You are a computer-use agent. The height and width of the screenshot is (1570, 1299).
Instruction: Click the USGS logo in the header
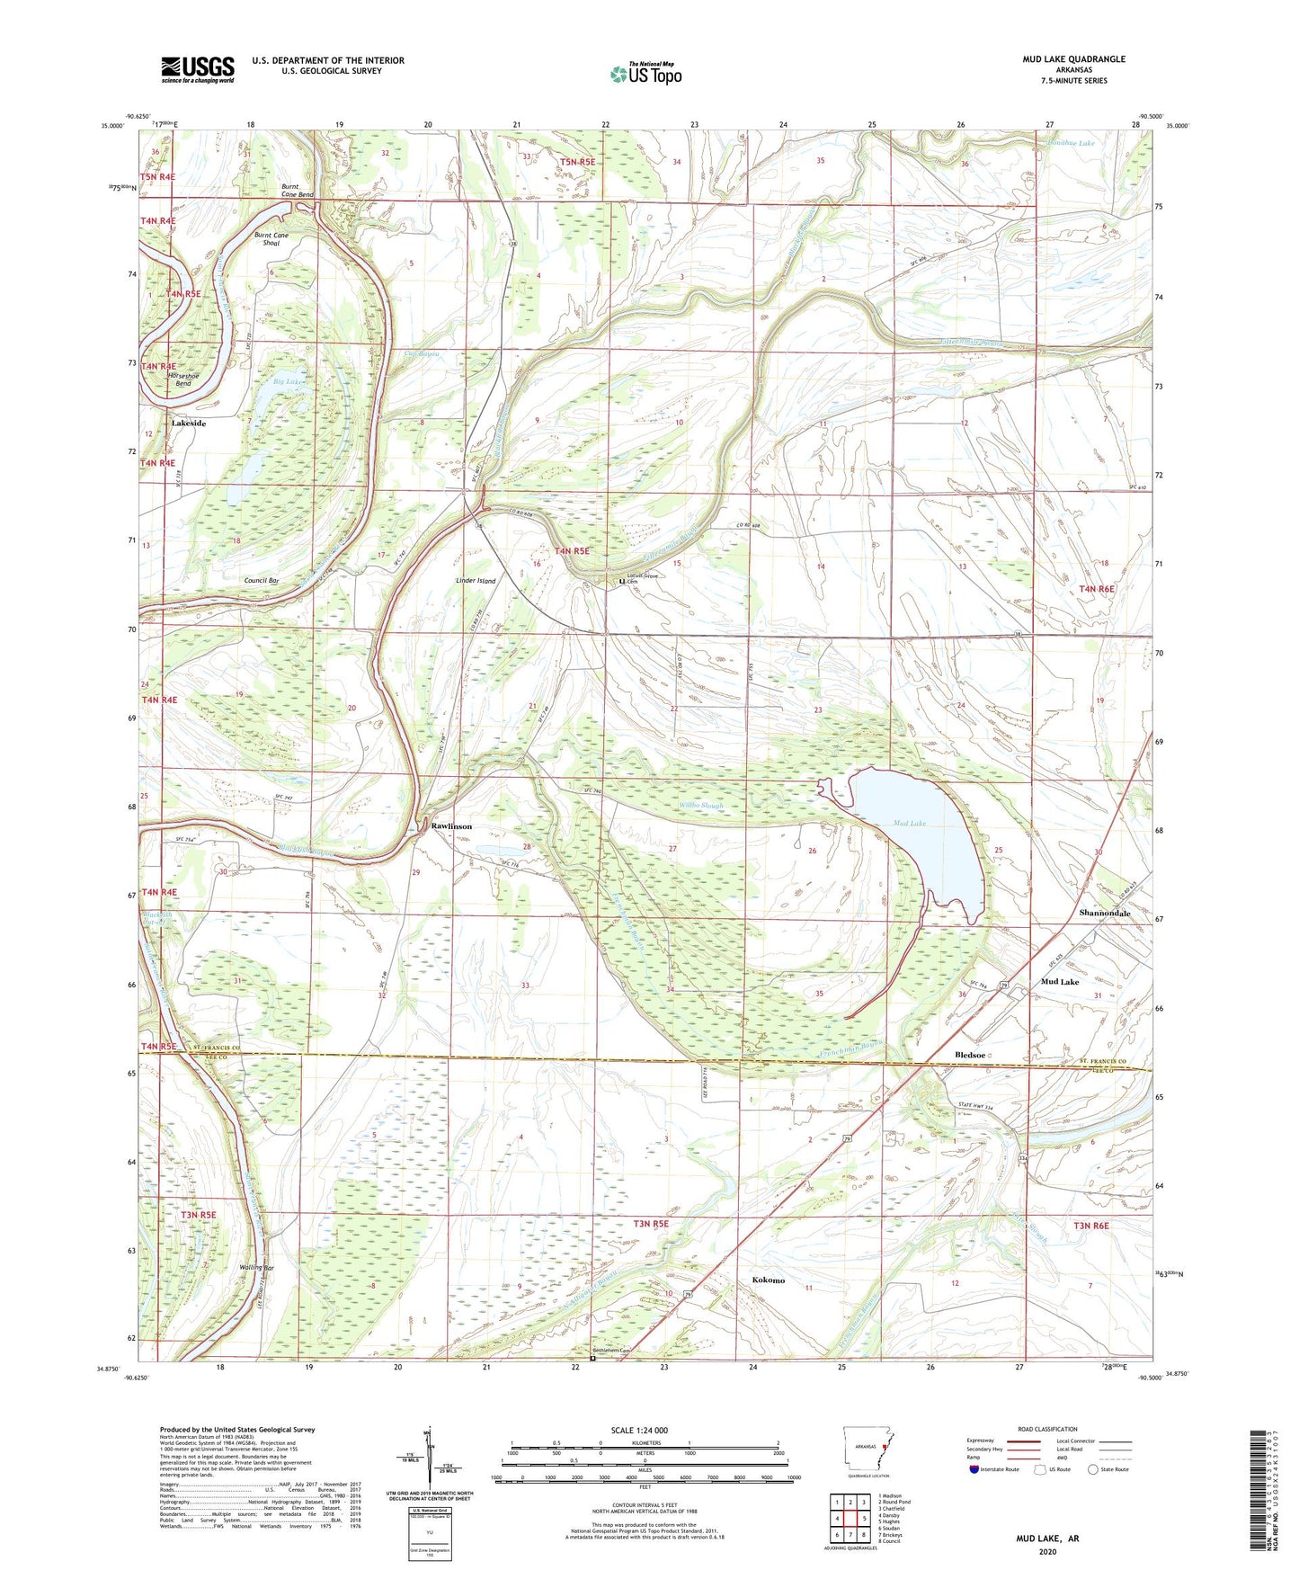pos(197,69)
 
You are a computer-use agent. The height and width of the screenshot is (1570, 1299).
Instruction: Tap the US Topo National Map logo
pos(645,74)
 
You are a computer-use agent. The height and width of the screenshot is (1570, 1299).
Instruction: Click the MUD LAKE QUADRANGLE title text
pos(1072,59)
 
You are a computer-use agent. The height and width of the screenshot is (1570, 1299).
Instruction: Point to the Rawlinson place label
pos(451,825)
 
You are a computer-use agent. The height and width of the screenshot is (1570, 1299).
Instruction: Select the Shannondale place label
pos(1104,913)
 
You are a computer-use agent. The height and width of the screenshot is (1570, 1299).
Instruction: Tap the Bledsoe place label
pos(970,1055)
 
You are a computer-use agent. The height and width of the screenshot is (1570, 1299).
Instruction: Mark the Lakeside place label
pos(189,423)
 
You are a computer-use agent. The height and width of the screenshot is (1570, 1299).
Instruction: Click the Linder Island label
pos(476,581)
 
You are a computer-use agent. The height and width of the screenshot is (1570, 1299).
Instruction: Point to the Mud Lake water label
pos(909,823)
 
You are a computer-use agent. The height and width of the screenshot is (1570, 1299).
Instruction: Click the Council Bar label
pos(261,581)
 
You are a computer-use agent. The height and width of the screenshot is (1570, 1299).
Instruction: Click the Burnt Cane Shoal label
pos(271,239)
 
